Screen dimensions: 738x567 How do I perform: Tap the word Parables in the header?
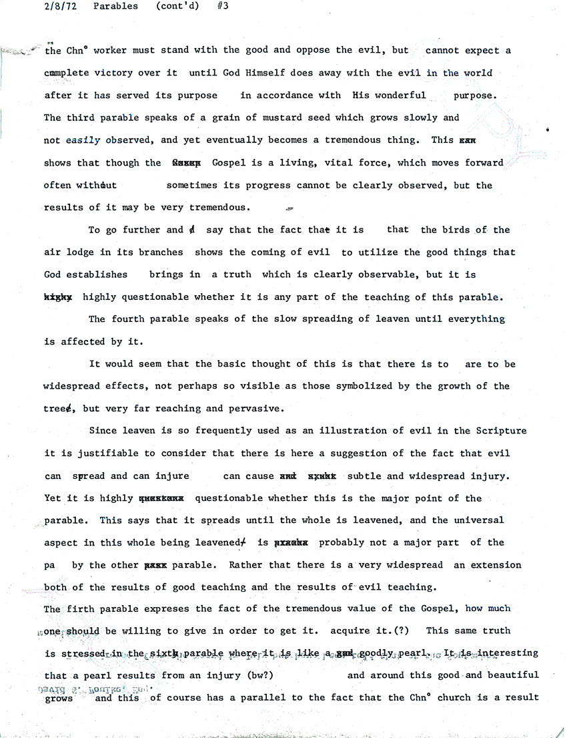pos(115,7)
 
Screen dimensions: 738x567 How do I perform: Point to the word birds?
pos(454,230)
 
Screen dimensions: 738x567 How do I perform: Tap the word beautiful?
pos(512,675)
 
